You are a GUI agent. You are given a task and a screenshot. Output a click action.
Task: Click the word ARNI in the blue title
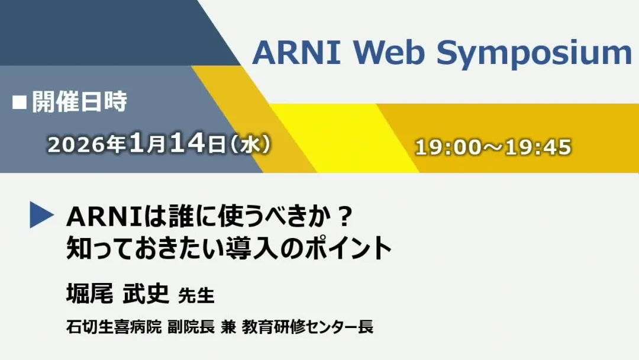296,52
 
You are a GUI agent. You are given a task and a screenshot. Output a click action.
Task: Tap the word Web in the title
389,52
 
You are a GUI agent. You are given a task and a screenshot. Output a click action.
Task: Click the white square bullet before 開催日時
20,103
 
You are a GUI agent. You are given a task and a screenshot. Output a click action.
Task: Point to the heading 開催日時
79,101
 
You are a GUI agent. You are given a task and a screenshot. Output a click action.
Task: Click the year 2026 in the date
75,144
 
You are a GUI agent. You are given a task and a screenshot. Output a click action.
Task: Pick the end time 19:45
538,147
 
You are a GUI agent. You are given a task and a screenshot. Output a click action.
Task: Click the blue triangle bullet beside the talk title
41,215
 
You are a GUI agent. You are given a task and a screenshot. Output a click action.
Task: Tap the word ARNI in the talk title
104,217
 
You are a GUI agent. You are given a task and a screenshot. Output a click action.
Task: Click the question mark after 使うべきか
345,217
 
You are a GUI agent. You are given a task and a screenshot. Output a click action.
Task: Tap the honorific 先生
196,295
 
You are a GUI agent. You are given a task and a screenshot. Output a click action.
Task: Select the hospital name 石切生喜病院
114,327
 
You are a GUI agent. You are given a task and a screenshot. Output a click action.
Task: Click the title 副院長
191,327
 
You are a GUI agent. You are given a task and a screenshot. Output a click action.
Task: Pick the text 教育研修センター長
308,327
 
